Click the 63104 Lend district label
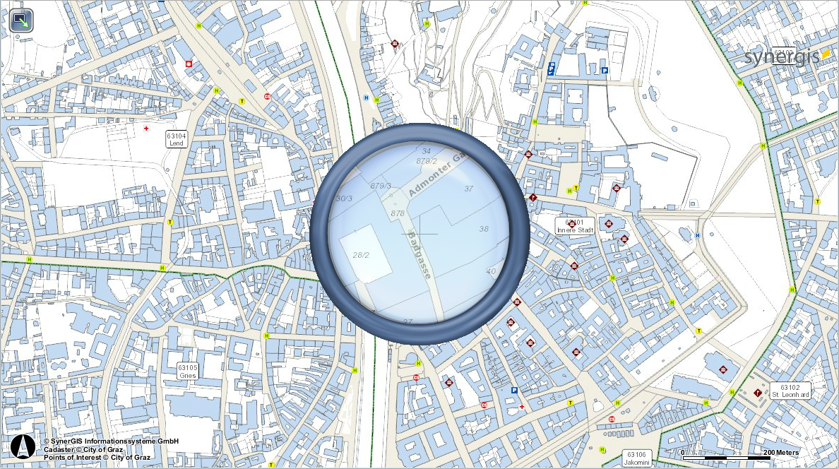tap(176, 138)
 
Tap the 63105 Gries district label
tap(188, 372)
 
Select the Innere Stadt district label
tap(575, 226)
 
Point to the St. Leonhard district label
tap(790, 391)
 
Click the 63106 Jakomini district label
tap(636, 458)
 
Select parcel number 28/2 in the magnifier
tap(361, 255)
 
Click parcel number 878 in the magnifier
tap(397, 213)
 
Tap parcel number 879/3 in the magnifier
tap(381, 186)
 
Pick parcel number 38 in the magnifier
tap(484, 229)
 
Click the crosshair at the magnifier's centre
tap(419, 234)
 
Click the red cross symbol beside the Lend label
tap(146, 129)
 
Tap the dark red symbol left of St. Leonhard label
tap(758, 392)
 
